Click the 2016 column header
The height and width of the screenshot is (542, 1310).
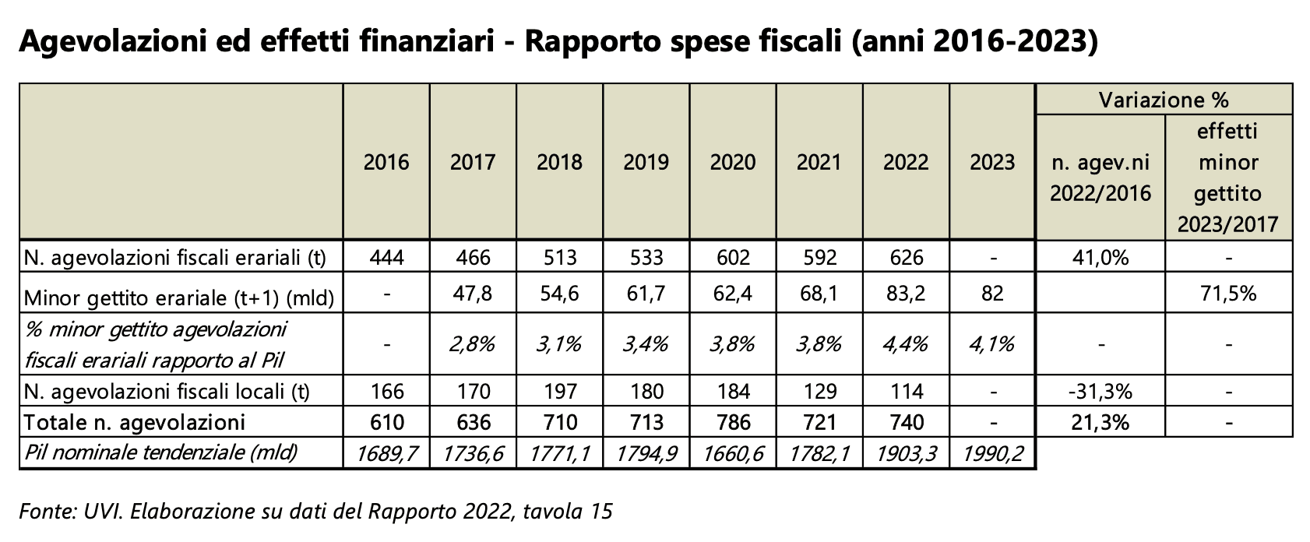click(386, 162)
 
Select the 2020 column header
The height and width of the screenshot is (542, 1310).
click(733, 162)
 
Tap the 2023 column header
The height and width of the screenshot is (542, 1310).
click(992, 162)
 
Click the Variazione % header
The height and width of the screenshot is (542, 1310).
click(1164, 100)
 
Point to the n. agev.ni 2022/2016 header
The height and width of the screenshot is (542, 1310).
click(1100, 178)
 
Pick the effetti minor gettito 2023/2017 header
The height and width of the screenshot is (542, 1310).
click(1228, 178)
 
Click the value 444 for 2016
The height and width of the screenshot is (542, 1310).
click(386, 257)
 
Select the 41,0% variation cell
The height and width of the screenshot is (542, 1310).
click(1100, 257)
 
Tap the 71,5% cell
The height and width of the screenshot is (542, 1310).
click(1228, 294)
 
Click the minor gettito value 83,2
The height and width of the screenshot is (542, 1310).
click(906, 294)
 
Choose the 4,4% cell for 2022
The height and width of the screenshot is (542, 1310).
click(906, 343)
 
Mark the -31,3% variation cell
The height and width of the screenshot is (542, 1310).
click(1100, 391)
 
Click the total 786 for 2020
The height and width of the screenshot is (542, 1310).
click(733, 422)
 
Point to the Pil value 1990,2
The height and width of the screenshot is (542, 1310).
click(992, 452)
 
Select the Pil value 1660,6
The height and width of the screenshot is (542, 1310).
click(733, 452)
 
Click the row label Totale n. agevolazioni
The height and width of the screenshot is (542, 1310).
click(135, 422)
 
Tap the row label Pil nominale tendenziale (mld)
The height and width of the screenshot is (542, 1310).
click(161, 452)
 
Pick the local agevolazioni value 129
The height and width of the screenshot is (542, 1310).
click(819, 391)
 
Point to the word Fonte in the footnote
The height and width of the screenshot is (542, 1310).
click(44, 512)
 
